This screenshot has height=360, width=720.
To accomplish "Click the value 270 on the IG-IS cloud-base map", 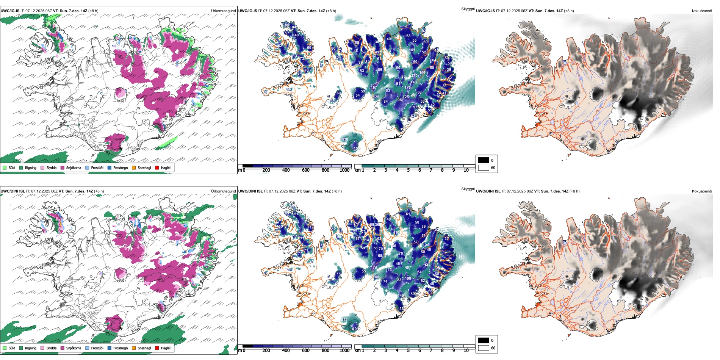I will coord(414,76).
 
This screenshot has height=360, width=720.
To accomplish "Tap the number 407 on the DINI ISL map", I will coord(408,268).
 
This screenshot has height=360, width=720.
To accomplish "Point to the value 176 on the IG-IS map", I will coord(407,88).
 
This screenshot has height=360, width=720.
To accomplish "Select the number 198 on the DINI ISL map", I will coord(408,279).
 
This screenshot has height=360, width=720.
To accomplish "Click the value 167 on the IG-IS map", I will coord(374,88).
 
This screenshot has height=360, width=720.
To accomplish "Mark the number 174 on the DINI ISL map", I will coord(374,268).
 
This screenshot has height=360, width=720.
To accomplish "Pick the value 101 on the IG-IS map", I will coord(412,50).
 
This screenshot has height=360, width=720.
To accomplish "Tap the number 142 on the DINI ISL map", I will coord(427,265).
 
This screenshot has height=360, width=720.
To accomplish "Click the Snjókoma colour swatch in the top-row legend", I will coord(62,168).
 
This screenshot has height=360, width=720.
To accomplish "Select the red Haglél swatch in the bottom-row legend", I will coord(157,348).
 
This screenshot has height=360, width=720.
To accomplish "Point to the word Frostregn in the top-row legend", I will coord(121,168).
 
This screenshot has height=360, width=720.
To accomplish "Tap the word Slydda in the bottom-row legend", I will coord(51,348).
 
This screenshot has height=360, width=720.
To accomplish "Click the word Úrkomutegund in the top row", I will coord(223,11).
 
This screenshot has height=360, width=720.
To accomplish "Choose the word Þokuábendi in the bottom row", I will coord(702,191).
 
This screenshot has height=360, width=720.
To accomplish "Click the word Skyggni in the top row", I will coord(468,9).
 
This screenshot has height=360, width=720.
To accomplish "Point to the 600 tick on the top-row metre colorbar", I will coord(305,170).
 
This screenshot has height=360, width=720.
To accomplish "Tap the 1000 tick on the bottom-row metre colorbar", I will coord(344,351).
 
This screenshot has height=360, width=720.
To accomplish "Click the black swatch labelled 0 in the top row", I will coord(484,160).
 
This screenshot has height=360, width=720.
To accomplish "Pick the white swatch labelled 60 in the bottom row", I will coord(484,347).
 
